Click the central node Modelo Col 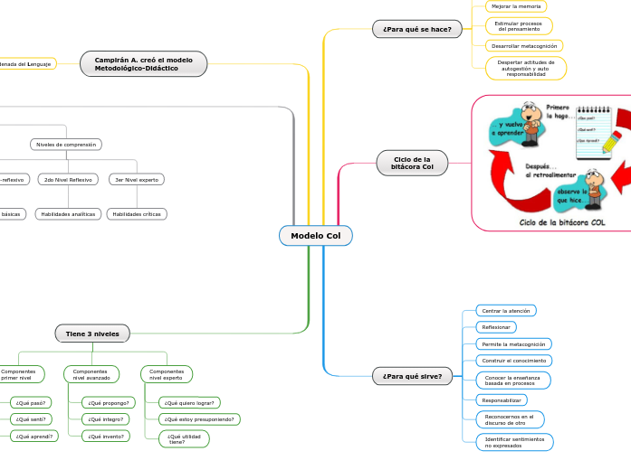[315, 236]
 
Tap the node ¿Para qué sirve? [412, 376]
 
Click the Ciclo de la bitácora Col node [412, 163]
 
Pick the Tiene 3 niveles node [92, 334]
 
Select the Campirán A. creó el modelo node [143, 64]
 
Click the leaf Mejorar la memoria [515, 6]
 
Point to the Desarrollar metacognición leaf [524, 45]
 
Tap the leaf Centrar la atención [506, 310]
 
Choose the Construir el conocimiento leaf [514, 361]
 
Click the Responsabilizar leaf [501, 399]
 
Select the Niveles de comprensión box [65, 144]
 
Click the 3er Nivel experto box [136, 179]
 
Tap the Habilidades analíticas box [69, 214]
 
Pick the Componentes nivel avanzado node [91, 374]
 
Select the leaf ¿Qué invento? [107, 436]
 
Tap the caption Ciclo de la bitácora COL [561, 221]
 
